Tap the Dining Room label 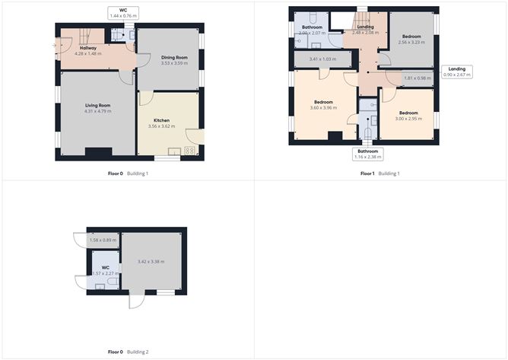pos(174,58)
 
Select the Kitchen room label pos(161,120)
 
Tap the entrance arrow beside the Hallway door pos(56,45)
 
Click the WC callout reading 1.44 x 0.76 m pos(122,12)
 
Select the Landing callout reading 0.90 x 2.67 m pos(458,73)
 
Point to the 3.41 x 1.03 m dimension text pos(322,59)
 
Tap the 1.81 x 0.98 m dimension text pos(417,78)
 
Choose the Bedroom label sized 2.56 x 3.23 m pos(413,40)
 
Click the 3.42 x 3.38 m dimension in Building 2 pos(152,262)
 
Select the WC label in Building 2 pos(106,268)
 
